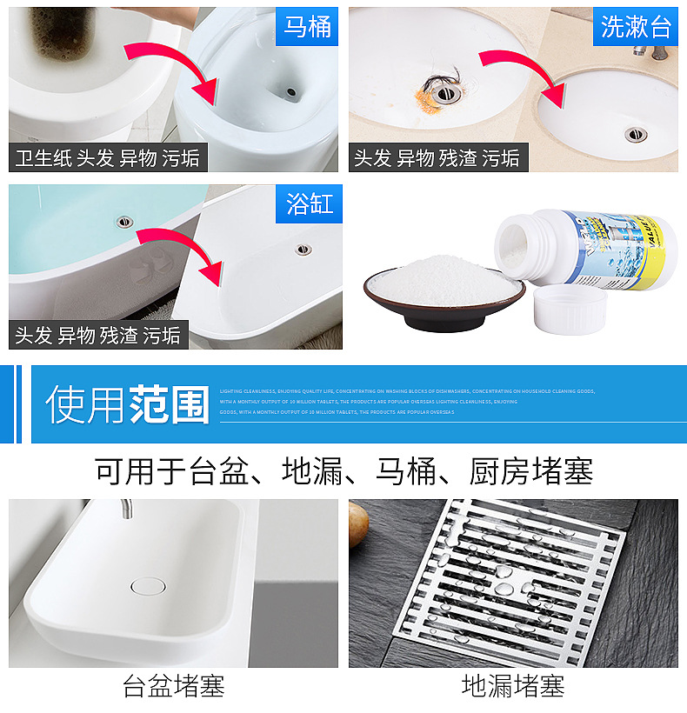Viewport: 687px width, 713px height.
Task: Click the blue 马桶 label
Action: [308, 26]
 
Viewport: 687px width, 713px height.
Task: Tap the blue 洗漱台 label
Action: [637, 26]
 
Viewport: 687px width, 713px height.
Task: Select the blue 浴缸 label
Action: [310, 204]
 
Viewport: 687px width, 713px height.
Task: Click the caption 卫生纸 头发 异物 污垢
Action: [107, 157]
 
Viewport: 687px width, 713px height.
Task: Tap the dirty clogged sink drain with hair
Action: [437, 88]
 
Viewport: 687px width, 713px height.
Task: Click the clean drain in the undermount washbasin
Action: [637, 134]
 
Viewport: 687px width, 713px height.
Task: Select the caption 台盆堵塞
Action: [174, 687]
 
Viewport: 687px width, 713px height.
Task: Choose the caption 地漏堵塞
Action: [513, 687]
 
